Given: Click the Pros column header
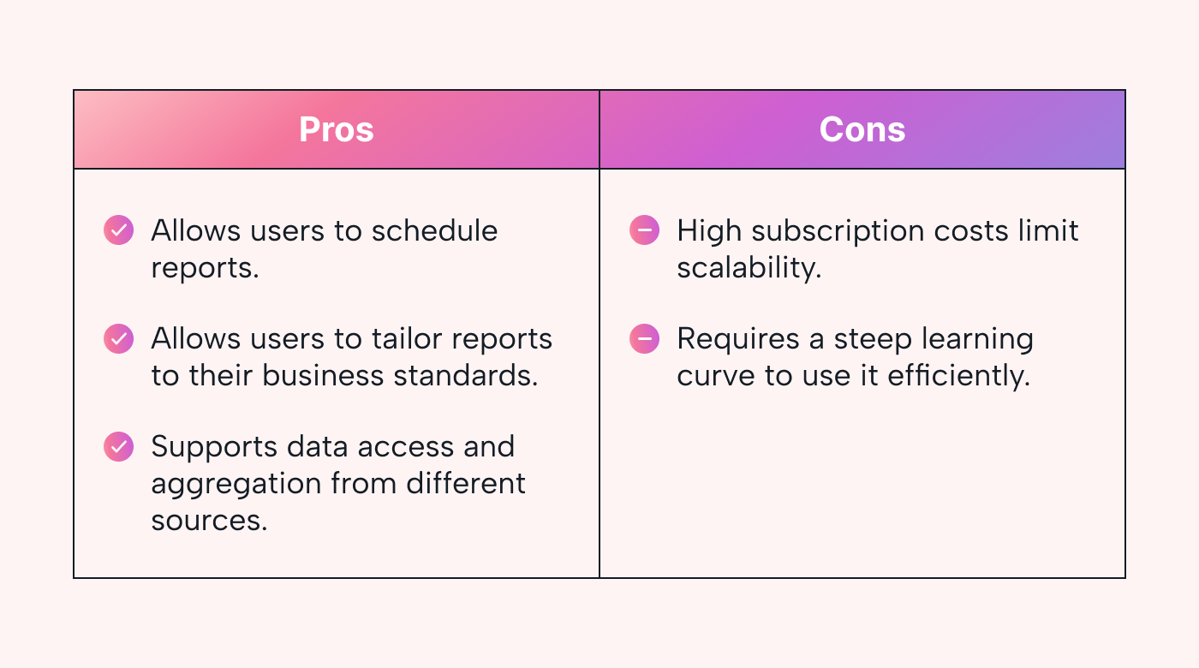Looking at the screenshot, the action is click(336, 129).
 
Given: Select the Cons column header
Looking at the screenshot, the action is click(862, 129).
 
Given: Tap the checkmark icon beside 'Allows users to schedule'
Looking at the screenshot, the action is click(118, 230).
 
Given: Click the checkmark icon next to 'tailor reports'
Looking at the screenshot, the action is click(118, 339).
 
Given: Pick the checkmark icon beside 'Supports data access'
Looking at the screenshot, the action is click(118, 446).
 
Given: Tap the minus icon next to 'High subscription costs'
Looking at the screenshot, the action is click(644, 230).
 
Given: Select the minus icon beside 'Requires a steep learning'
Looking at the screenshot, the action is click(644, 339).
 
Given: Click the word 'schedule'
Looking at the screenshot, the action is click(435, 230).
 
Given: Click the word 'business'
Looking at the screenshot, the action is click(323, 375).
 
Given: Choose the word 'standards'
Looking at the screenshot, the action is click(466, 375).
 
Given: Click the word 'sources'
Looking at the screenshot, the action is click(209, 521).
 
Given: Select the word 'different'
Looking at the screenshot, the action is click(466, 483).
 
